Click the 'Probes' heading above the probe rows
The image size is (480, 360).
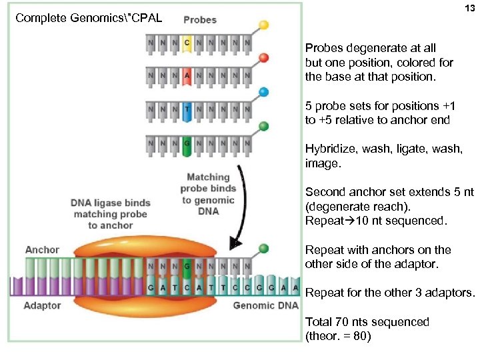[x=199, y=19]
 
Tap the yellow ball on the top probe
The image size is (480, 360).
[x=264, y=25]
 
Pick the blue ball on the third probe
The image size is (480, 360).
[x=264, y=92]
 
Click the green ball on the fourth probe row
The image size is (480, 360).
[x=264, y=125]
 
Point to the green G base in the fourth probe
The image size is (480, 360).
[x=187, y=145]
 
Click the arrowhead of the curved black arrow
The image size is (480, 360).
[x=234, y=243]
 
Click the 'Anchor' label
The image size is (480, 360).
[x=42, y=250]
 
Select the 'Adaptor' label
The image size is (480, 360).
[x=42, y=305]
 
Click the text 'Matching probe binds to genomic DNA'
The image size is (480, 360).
[x=208, y=194]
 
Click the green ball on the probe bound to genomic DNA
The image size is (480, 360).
[x=264, y=249]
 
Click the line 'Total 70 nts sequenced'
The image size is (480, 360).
[x=367, y=322]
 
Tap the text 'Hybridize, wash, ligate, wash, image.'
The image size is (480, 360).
[x=383, y=156]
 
